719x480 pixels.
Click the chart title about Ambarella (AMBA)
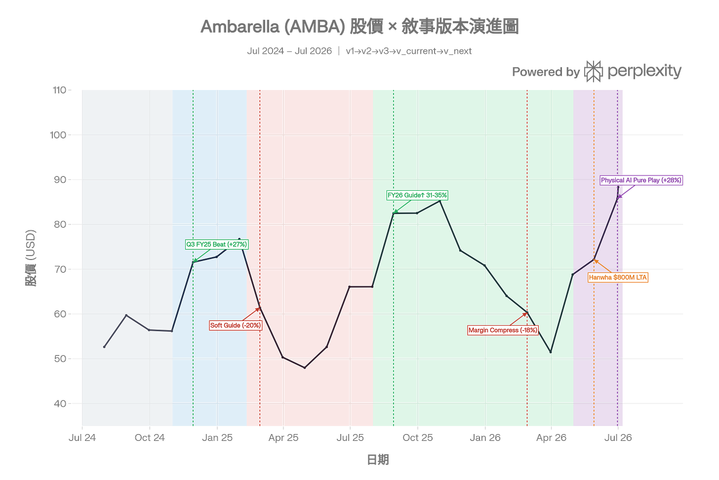tap(359, 26)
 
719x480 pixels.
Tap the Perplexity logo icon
tap(593, 71)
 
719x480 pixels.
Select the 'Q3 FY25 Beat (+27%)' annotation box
tap(217, 245)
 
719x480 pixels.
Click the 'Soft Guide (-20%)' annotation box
tap(235, 325)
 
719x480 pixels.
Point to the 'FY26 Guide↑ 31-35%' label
tap(417, 195)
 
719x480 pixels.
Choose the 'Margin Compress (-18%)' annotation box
tap(503, 330)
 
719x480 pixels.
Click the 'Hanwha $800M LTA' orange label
tap(618, 278)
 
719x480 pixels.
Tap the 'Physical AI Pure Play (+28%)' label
tap(641, 180)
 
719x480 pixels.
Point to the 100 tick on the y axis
tap(58, 135)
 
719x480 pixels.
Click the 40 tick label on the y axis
tap(60, 403)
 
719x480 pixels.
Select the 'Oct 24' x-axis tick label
tap(150, 437)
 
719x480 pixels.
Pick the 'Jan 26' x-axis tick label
tap(485, 437)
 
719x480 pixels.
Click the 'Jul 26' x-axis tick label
tap(618, 437)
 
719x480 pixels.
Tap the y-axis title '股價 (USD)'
tap(31, 258)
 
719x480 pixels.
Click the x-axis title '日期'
tap(378, 460)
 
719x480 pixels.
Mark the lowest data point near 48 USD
tap(305, 368)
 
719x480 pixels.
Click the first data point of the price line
tap(104, 347)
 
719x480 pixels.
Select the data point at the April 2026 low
tap(551, 352)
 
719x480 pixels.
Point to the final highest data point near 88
tap(618, 187)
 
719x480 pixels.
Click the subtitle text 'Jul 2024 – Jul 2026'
tap(289, 51)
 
